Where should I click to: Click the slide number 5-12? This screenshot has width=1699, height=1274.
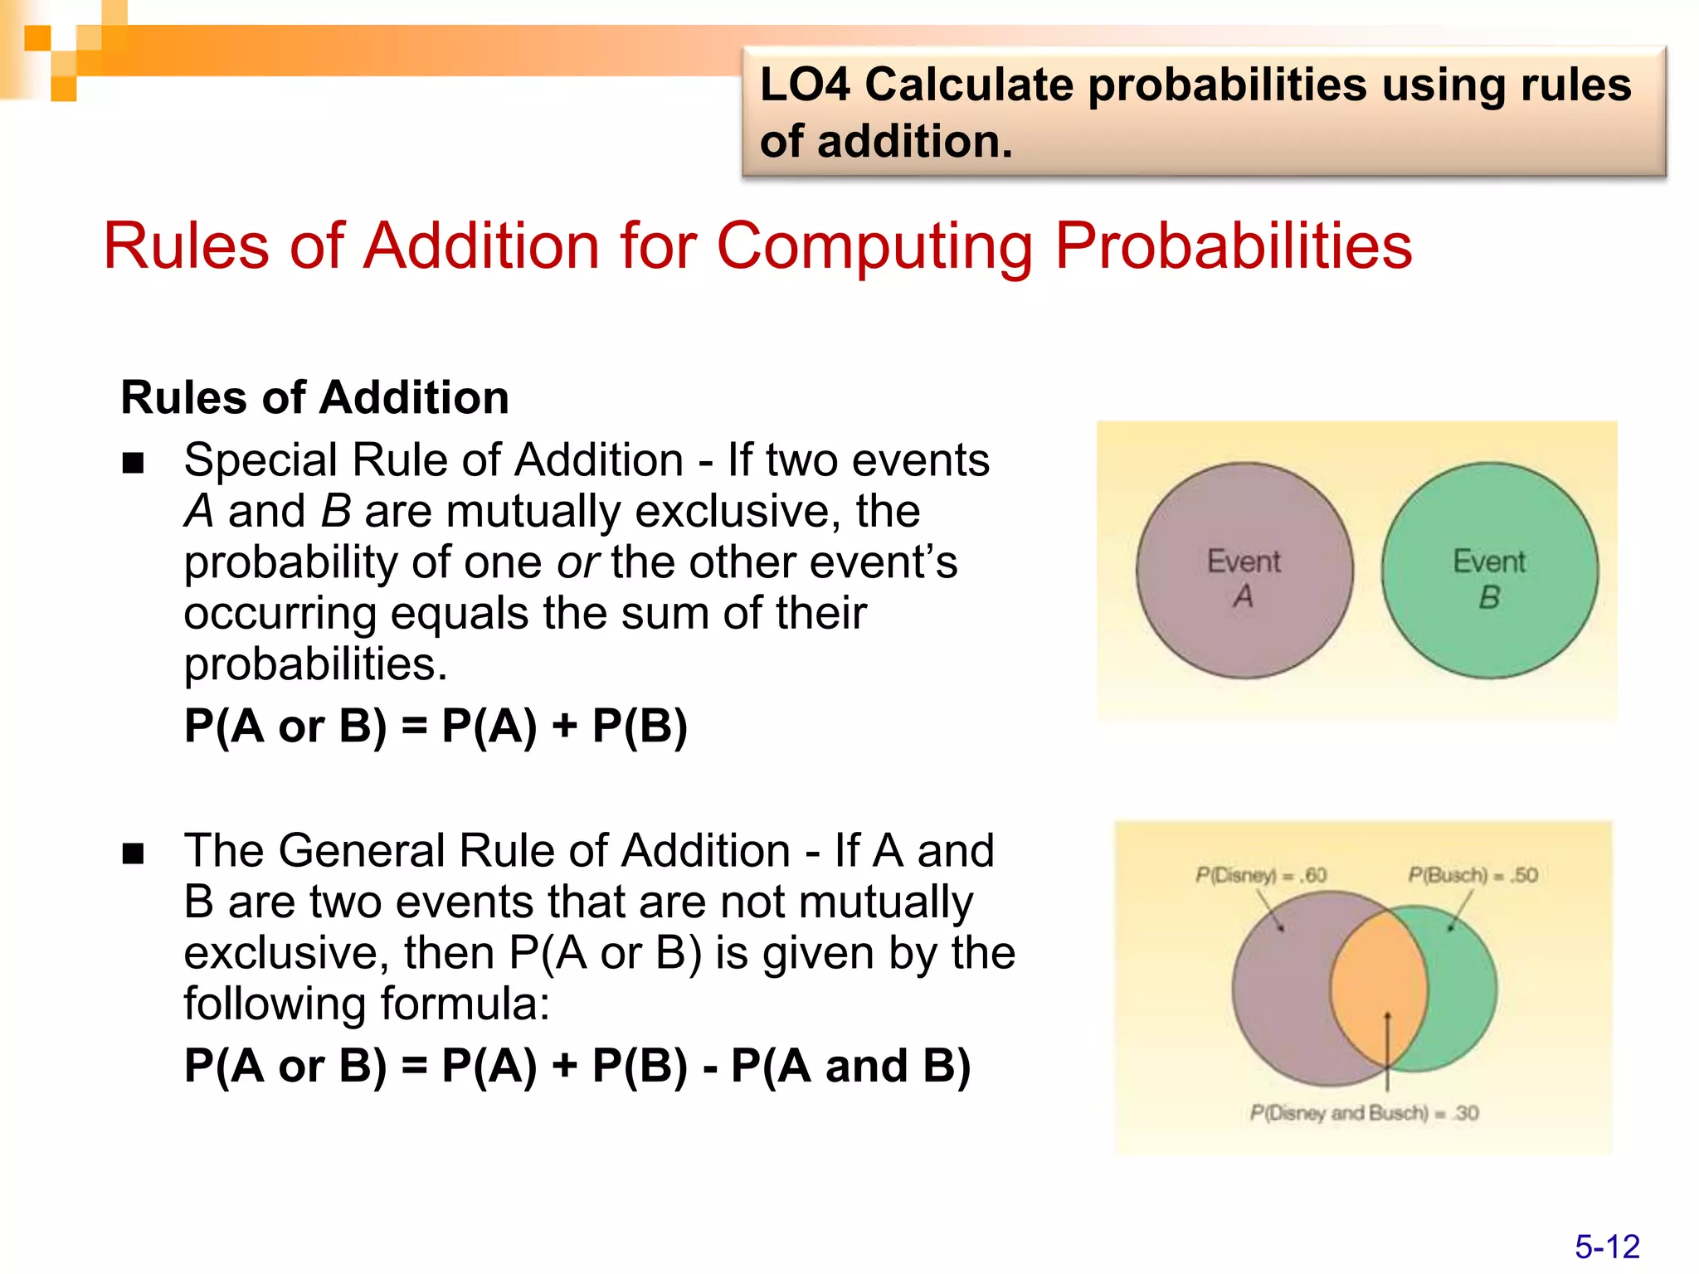click(1607, 1247)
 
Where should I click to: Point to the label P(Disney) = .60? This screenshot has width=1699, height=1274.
click(1260, 875)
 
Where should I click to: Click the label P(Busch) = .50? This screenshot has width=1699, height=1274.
click(1473, 875)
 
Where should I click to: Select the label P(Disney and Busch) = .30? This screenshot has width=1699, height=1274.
click(1364, 1113)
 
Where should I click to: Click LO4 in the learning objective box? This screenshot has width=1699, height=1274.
click(805, 85)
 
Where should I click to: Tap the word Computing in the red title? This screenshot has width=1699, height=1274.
click(874, 246)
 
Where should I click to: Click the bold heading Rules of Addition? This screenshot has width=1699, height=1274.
click(315, 397)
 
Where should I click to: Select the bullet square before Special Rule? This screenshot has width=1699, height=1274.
click(134, 463)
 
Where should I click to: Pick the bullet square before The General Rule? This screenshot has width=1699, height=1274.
click(134, 853)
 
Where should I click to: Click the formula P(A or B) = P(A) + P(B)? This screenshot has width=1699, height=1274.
click(436, 726)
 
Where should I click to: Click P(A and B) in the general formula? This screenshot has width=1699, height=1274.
click(850, 1066)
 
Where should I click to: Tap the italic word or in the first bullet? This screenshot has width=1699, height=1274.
click(577, 563)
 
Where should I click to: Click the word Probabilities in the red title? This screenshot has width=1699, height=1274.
click(1234, 246)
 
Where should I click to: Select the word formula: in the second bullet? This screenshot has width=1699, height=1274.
click(465, 1004)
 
